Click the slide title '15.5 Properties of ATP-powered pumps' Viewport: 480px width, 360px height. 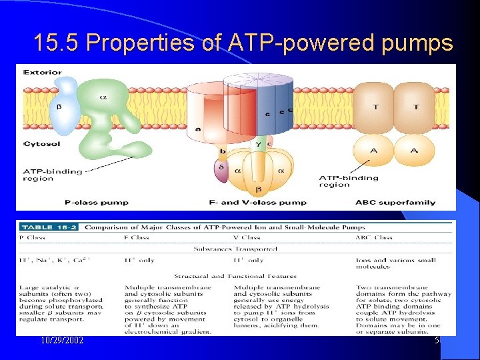click(x=243, y=43)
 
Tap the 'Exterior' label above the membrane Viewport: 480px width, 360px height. click(x=42, y=72)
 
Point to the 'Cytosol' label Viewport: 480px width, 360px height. click(x=41, y=144)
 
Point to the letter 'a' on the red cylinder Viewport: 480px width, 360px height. click(x=197, y=128)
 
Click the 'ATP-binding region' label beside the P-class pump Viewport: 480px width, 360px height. click(x=52, y=175)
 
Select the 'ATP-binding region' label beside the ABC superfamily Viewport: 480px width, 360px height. click(x=349, y=181)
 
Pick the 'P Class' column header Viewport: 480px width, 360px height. click(x=32, y=237)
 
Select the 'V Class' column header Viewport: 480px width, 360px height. click(x=247, y=237)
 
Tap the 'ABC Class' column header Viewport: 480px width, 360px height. click(x=374, y=237)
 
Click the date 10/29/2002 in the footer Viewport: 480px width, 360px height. click(x=61, y=341)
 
